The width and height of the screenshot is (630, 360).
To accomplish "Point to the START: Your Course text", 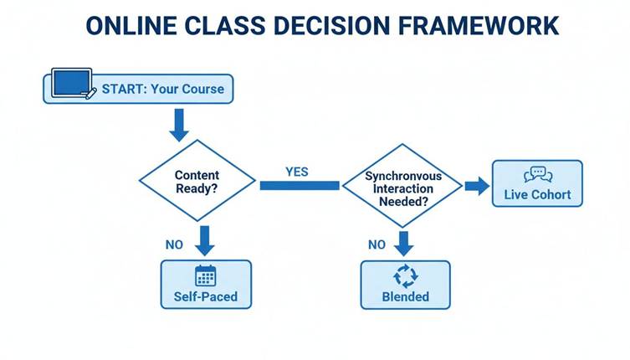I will pyautogui.click(x=163, y=88).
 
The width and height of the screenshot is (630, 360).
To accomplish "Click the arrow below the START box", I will pyautogui.click(x=179, y=126).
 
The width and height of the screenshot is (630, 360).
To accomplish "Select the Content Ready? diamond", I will pyautogui.click(x=197, y=183).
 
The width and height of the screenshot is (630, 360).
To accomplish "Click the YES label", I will pyautogui.click(x=297, y=172).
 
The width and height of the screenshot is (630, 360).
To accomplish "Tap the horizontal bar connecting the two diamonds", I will pyautogui.click(x=299, y=185).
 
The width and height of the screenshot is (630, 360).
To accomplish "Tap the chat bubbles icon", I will pyautogui.click(x=537, y=174).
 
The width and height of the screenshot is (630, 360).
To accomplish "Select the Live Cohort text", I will pyautogui.click(x=537, y=195).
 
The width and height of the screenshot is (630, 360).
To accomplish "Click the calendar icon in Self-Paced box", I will pyautogui.click(x=205, y=275).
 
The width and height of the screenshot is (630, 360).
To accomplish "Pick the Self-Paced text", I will pyautogui.click(x=205, y=296).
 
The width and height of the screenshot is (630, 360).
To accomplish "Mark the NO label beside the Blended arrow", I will pyautogui.click(x=376, y=244).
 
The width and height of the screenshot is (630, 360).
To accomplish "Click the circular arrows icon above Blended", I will pyautogui.click(x=405, y=275).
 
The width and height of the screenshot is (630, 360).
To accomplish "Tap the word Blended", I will pyautogui.click(x=405, y=296).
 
